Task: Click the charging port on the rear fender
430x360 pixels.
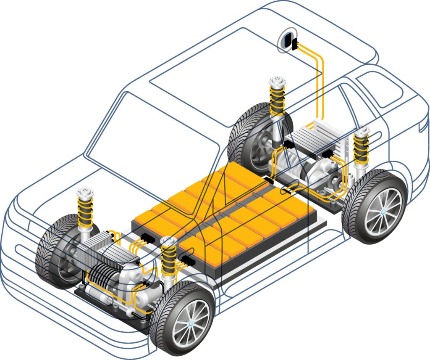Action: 287,40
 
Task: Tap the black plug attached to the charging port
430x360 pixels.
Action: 295,43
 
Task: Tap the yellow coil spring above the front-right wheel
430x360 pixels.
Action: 169,263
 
